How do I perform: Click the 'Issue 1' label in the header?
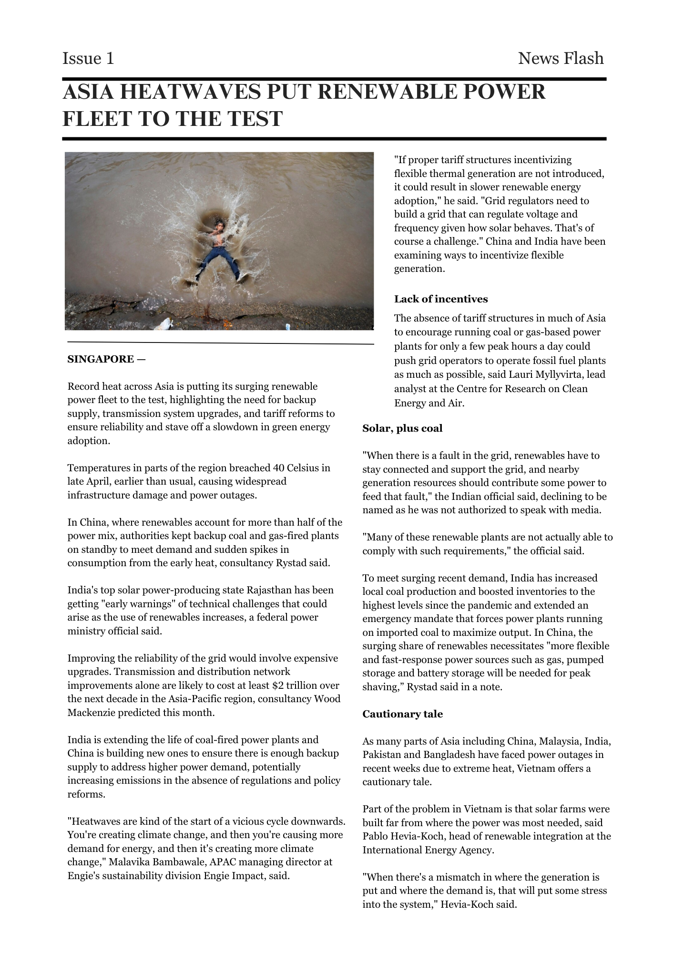[x=88, y=58]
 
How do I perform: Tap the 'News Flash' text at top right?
[x=561, y=58]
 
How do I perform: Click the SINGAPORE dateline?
[x=101, y=359]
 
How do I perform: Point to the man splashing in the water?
[x=220, y=248]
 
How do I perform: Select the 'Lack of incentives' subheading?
[x=441, y=299]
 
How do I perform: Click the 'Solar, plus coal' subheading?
[x=402, y=428]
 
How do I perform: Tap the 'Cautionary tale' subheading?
[x=402, y=714]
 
